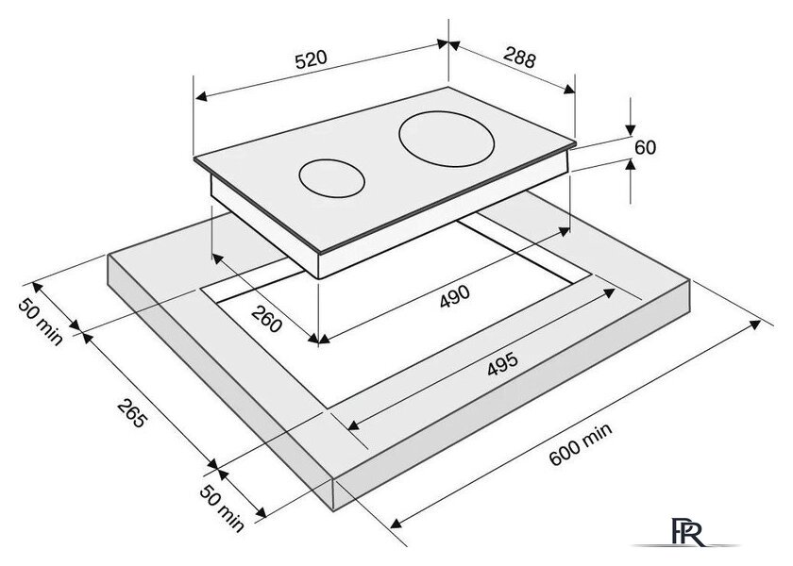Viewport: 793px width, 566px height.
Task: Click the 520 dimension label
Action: pyautogui.click(x=311, y=59)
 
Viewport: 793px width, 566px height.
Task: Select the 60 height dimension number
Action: pyautogui.click(x=646, y=147)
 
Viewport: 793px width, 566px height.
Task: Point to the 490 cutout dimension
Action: pyautogui.click(x=455, y=296)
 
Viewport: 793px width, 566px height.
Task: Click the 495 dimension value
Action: pyautogui.click(x=502, y=364)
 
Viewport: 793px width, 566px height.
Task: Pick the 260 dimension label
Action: pyautogui.click(x=266, y=320)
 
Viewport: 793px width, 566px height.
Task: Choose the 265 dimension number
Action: pyautogui.click(x=132, y=413)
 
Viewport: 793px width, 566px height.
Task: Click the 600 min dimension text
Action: pyautogui.click(x=581, y=443)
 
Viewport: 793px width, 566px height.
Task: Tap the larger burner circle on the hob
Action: pyautogui.click(x=446, y=139)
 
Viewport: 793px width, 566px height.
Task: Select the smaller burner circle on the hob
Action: pyautogui.click(x=331, y=178)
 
